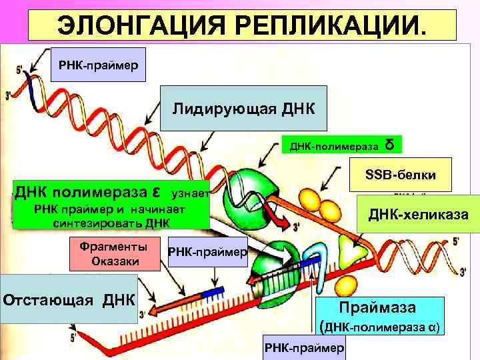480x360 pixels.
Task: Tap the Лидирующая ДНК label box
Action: click(244, 108)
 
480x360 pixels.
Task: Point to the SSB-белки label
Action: click(401, 175)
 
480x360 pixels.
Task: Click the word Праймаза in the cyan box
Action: click(377, 308)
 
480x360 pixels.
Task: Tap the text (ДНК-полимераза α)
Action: click(379, 327)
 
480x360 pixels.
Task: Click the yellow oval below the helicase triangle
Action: click(345, 285)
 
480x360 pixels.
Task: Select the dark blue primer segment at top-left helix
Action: click(32, 87)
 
